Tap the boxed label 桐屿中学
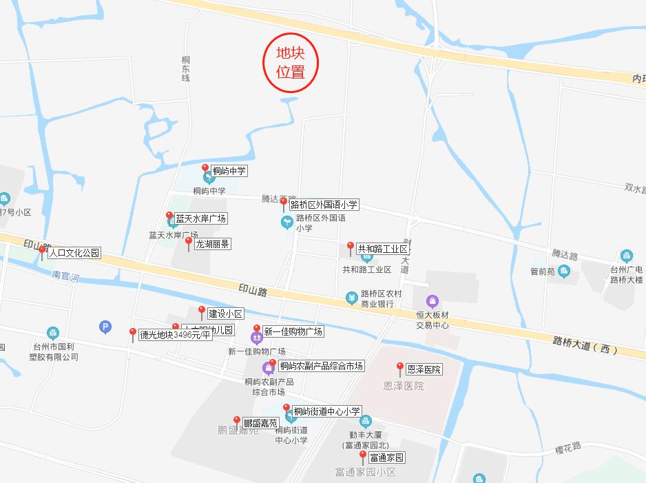coord(229,171)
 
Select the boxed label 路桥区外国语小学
coord(324,205)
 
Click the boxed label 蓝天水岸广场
coord(200,218)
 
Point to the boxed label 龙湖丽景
coord(213,244)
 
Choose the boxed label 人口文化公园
coord(74,253)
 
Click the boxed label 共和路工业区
coord(382,249)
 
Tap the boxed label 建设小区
coord(225,314)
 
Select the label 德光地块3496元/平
coord(174,336)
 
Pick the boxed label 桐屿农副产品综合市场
coord(321,366)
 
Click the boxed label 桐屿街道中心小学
coord(326,411)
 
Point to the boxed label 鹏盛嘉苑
coord(260,422)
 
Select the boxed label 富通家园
coord(386,458)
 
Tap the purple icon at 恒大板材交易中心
coord(432,300)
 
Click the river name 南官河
coord(67,278)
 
